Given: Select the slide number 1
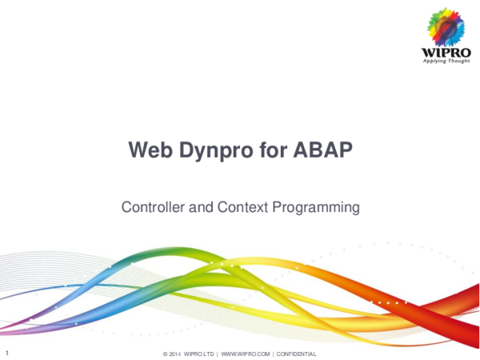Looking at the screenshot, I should click(x=6, y=353).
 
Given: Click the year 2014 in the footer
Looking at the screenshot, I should click(x=175, y=354).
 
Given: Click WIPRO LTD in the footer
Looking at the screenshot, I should click(x=200, y=354).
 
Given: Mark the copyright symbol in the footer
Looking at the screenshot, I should click(x=165, y=354).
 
